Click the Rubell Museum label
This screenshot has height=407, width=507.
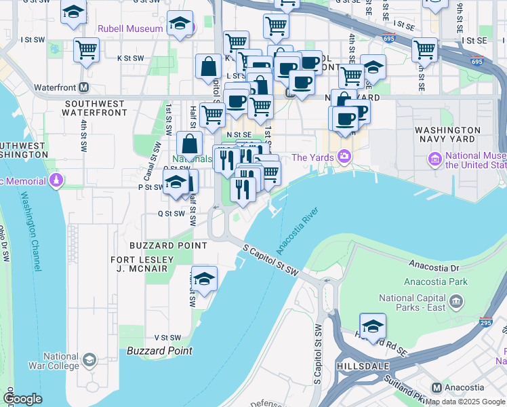point(130,28)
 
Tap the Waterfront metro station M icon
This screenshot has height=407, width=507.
point(84,87)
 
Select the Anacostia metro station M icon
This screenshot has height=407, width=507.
point(436,388)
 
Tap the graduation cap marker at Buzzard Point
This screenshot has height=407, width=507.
point(204,279)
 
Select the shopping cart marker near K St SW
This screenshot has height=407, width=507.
point(87,50)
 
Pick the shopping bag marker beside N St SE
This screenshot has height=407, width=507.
point(190,144)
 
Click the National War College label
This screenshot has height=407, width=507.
point(61,361)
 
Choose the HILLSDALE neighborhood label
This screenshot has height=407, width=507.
point(363,366)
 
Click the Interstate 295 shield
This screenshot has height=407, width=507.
point(486,324)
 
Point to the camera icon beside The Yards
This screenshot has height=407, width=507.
point(344,157)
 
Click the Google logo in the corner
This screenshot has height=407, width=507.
point(23,399)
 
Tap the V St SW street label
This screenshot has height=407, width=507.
point(167,337)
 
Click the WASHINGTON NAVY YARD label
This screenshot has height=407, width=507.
point(447,134)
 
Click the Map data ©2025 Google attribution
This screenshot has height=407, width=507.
point(465,402)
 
